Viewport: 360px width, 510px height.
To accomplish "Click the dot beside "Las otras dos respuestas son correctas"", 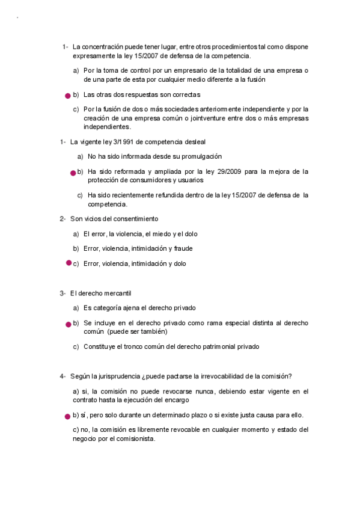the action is click(68, 95).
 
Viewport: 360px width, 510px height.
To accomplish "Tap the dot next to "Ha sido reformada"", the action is click(73, 173).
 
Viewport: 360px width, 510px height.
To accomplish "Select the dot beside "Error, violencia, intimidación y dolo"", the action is click(68, 263).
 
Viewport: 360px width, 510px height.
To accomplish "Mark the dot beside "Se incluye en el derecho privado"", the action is click(68, 324).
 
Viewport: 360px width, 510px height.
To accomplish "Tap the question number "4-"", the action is click(63, 376).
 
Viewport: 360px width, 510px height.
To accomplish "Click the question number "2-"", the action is click(63, 218).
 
